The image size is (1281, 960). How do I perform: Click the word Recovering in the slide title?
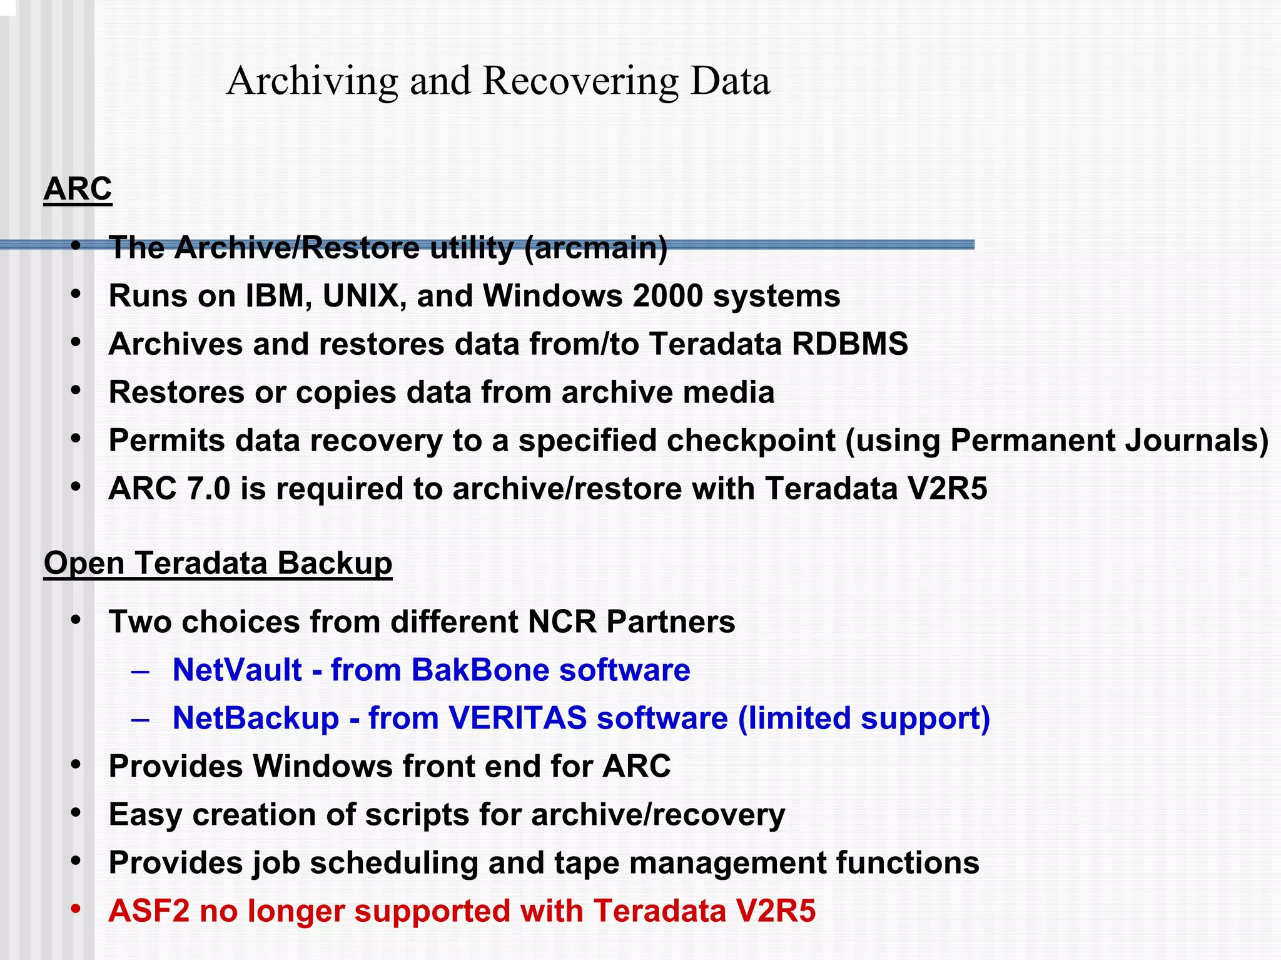click(x=580, y=81)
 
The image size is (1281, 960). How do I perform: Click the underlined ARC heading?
click(x=78, y=188)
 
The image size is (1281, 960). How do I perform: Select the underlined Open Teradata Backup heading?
click(x=218, y=563)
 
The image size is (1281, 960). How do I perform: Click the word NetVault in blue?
click(x=237, y=670)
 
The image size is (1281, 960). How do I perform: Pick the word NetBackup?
click(x=256, y=718)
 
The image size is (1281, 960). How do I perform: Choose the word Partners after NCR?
click(x=671, y=621)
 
